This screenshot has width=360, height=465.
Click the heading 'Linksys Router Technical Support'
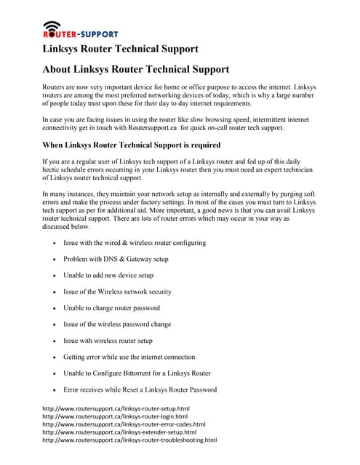click(120, 49)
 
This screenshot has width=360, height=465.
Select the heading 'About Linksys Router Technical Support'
click(136, 70)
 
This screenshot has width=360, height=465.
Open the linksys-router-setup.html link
click(116, 409)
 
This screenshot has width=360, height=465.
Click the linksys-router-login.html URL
click(116, 417)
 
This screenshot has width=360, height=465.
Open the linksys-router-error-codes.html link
click(124, 424)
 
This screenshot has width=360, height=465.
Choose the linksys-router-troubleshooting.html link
click(129, 440)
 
